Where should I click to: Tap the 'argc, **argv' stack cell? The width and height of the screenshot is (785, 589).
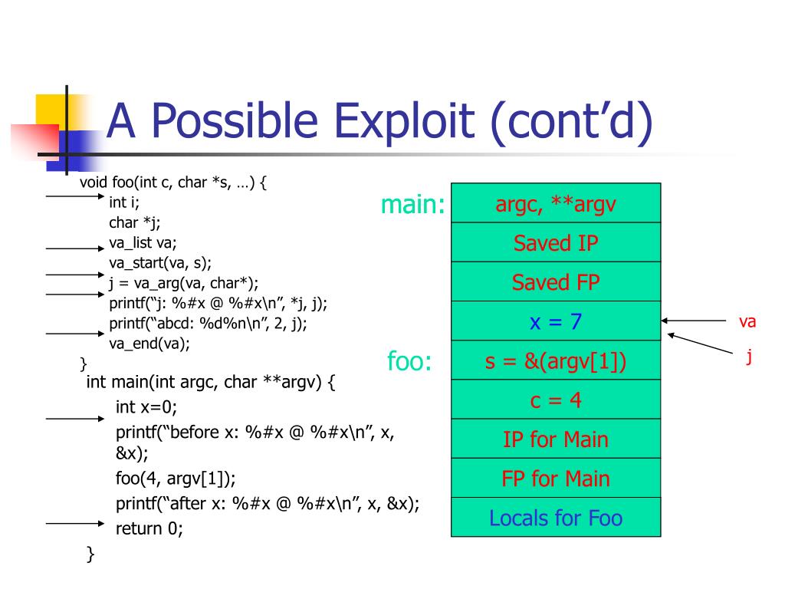tap(556, 204)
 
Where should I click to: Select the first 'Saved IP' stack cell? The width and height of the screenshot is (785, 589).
tap(556, 243)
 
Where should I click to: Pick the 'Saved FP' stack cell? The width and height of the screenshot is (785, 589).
tap(556, 282)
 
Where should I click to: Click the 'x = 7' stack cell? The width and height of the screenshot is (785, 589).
tap(556, 321)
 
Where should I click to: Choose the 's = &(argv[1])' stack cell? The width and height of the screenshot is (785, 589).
tap(556, 361)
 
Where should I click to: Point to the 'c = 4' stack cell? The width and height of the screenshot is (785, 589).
tap(556, 400)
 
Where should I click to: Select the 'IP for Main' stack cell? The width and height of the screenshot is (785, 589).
tap(556, 439)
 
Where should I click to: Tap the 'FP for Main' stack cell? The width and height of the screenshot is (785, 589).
tap(556, 479)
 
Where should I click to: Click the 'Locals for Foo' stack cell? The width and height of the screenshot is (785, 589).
tap(556, 518)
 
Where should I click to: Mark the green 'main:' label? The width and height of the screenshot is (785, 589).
tap(413, 205)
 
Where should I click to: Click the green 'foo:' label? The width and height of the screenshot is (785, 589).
tap(410, 361)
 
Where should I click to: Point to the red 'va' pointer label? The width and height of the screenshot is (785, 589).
tap(747, 322)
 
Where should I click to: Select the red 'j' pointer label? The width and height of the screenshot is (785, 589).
tap(749, 357)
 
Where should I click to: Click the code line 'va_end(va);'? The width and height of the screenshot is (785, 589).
tap(149, 344)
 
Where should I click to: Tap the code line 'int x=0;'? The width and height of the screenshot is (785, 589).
tap(151, 406)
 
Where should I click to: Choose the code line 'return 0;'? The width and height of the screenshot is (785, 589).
tap(149, 528)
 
